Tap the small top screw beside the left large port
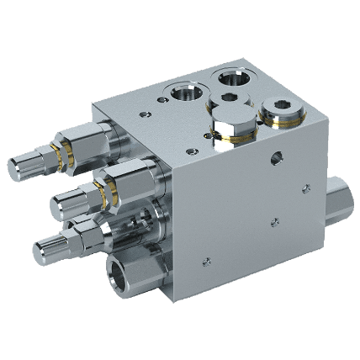click(x=156, y=108)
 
